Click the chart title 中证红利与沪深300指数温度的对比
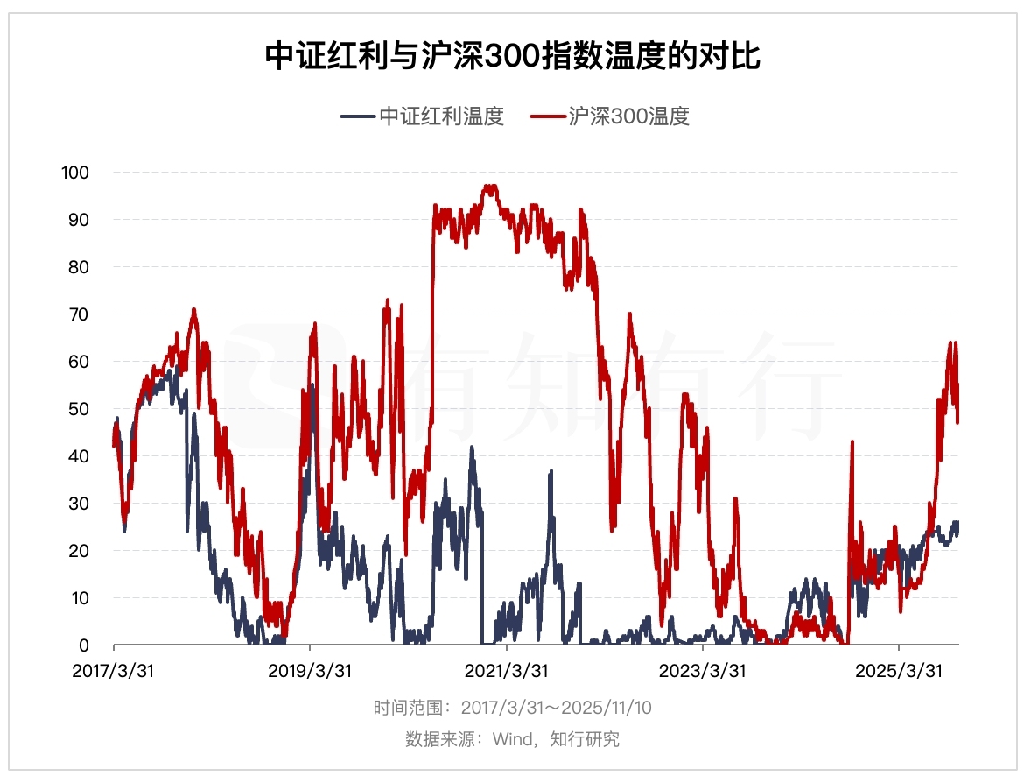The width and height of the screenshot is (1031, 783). point(514,57)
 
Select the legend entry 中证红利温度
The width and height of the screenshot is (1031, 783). point(441,116)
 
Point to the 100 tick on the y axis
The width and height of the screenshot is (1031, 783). point(74,172)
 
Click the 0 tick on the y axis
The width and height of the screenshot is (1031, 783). point(83,645)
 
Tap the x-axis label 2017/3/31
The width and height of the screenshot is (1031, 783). point(113,670)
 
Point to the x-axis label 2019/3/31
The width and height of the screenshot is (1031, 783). point(310,670)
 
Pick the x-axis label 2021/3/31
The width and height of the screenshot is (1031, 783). point(506,670)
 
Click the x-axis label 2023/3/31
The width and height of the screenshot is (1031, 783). point(703,670)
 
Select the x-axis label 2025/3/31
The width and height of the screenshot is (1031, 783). point(900,670)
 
